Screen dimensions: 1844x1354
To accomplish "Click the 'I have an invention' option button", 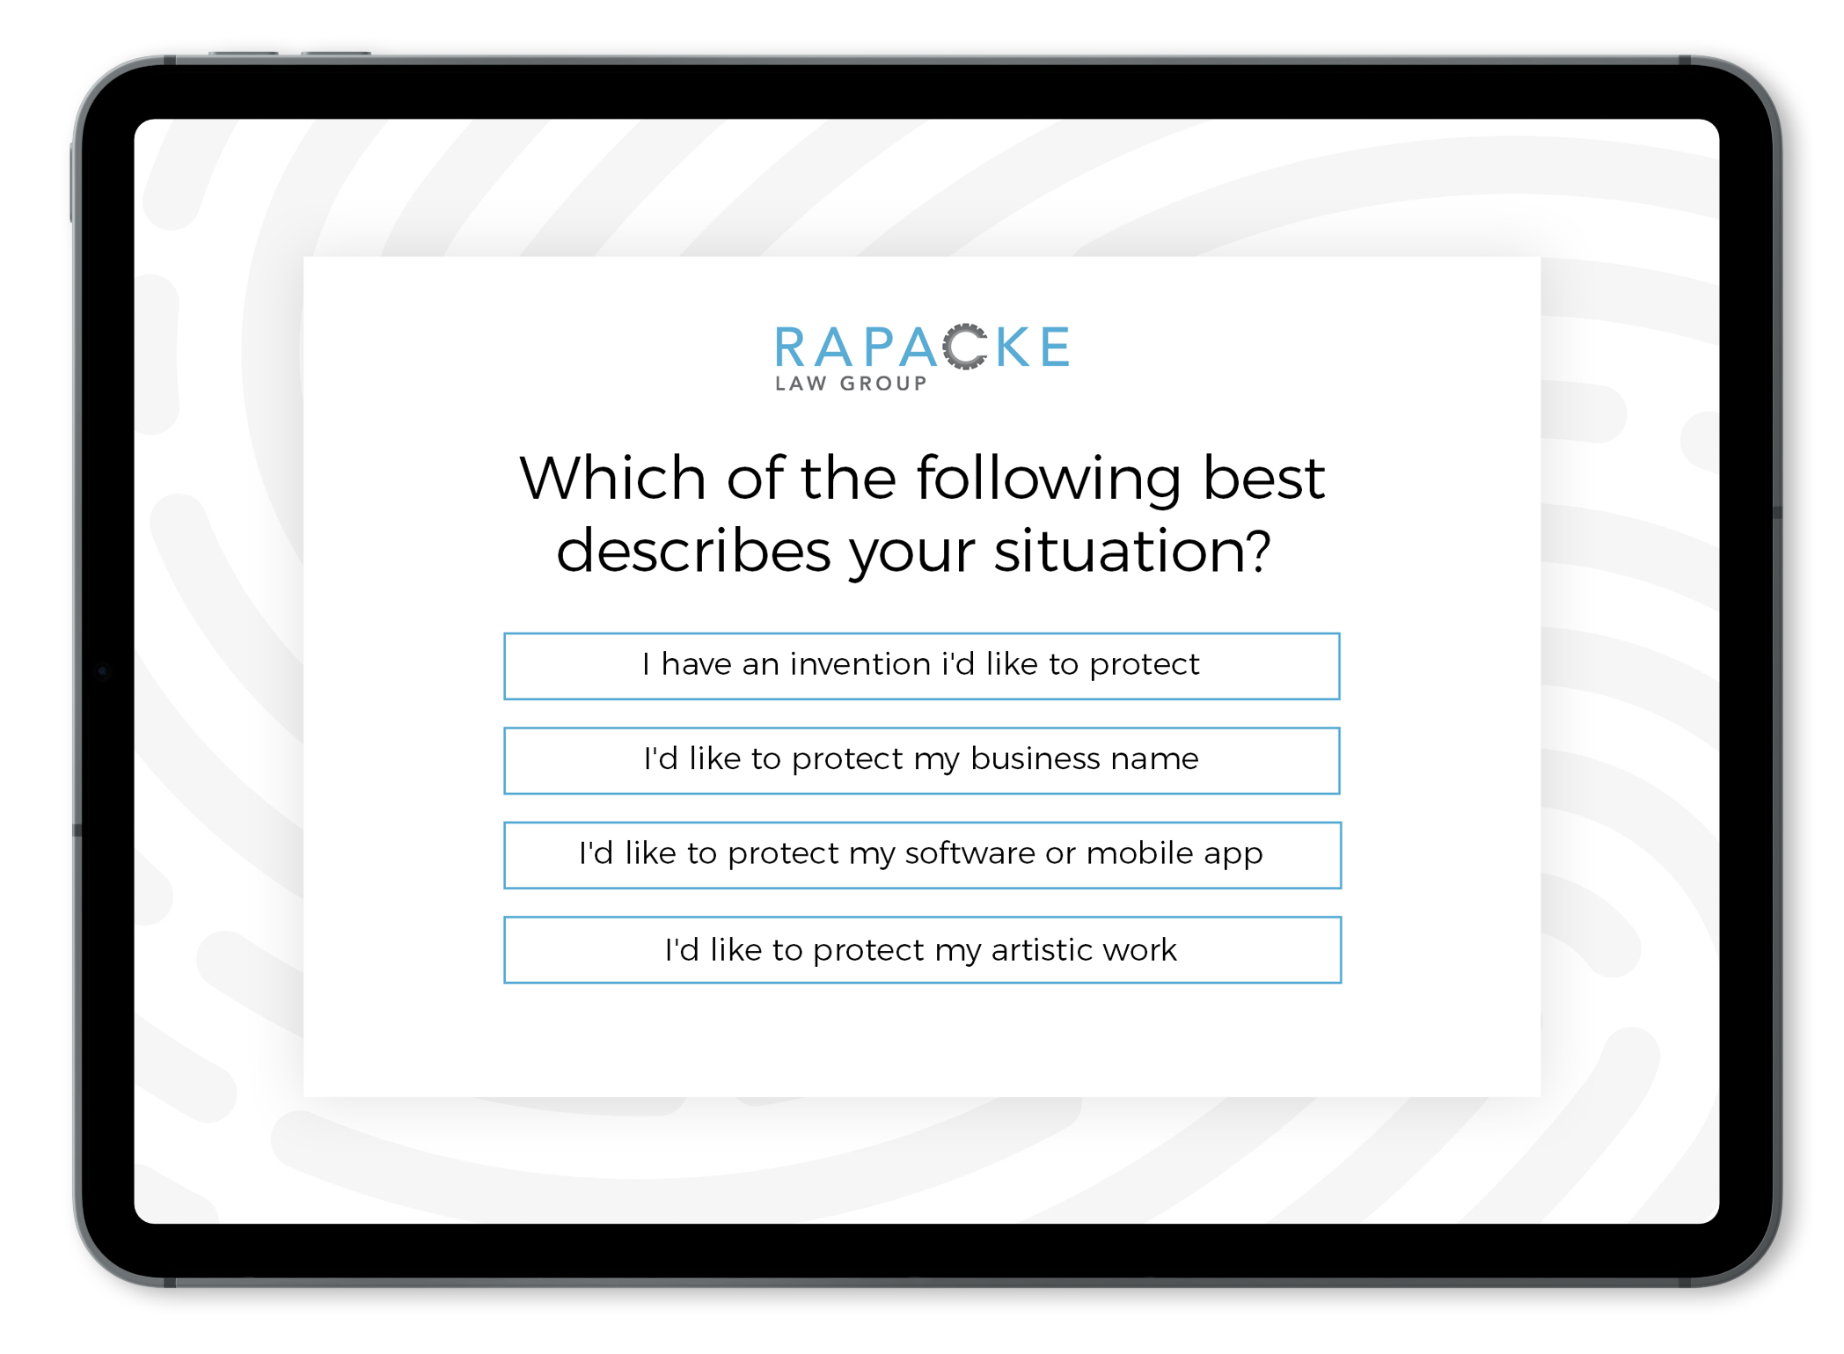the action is point(921,666).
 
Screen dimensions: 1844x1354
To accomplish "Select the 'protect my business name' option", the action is point(921,760).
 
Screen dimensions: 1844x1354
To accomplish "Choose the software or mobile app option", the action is point(921,855).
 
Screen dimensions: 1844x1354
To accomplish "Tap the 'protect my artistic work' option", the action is point(921,950).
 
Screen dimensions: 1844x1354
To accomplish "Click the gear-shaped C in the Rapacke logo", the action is point(965,347).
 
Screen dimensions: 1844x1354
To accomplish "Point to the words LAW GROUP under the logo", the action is point(851,384).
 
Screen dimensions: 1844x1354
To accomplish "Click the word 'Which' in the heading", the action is point(613,479).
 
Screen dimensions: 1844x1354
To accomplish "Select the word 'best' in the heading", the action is point(1263,479).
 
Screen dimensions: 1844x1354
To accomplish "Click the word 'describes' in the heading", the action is point(693,552).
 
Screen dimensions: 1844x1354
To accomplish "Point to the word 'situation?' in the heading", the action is point(1132,552).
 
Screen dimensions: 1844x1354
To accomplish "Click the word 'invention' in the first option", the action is point(860,664).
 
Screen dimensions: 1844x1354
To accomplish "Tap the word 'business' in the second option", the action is point(1035,758).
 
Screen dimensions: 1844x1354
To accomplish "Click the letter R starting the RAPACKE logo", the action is point(790,347).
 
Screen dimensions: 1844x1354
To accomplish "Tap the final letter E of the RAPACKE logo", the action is point(1055,347).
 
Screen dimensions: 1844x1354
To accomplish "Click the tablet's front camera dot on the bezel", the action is point(103,671).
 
